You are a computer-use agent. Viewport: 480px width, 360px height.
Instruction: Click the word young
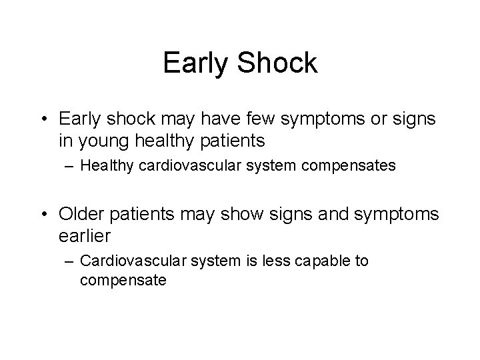[x=102, y=141]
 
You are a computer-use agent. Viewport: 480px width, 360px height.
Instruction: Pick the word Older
[x=82, y=215]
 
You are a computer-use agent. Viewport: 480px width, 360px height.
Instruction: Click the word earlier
[x=85, y=235]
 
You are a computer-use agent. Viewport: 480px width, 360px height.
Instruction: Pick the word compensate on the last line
[x=123, y=281]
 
